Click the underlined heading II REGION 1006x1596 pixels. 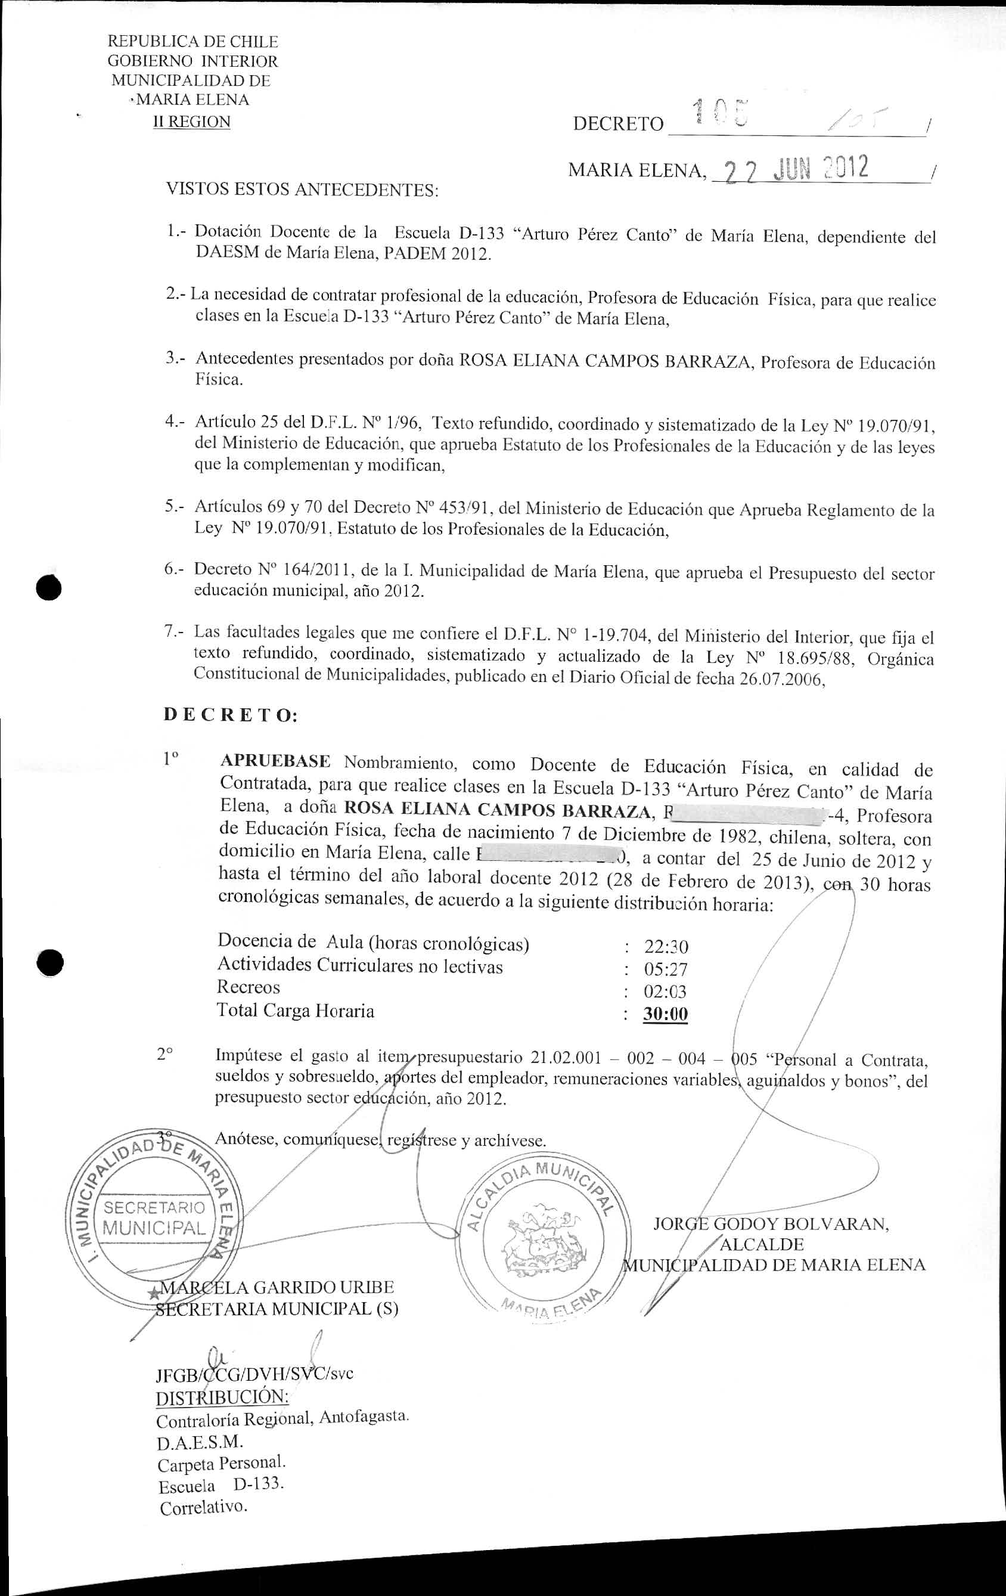(x=191, y=122)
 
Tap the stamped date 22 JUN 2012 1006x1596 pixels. (x=797, y=170)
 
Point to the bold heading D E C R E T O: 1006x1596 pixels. (x=231, y=716)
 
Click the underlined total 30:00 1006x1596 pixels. (x=665, y=1015)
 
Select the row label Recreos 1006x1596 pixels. (x=249, y=987)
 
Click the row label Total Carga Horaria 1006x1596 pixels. (x=296, y=1011)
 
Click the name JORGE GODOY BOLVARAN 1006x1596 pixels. (x=771, y=1223)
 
